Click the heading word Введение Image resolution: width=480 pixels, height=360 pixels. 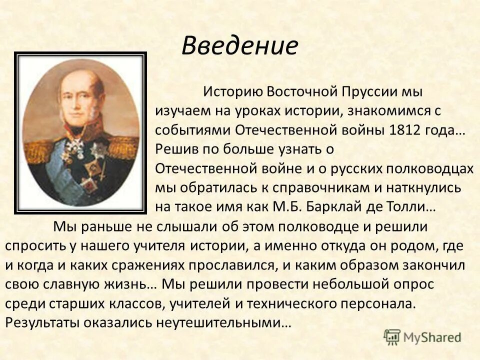tap(239, 46)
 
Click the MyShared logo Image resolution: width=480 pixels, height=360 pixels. tap(422, 337)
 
